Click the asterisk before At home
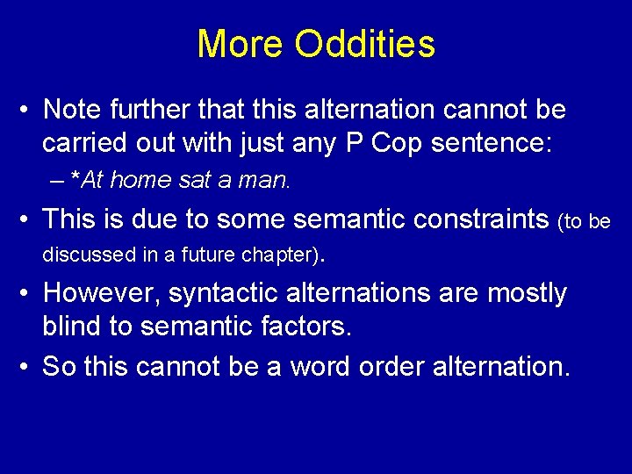click(x=75, y=179)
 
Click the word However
click(x=101, y=293)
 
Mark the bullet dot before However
click(x=28, y=294)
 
